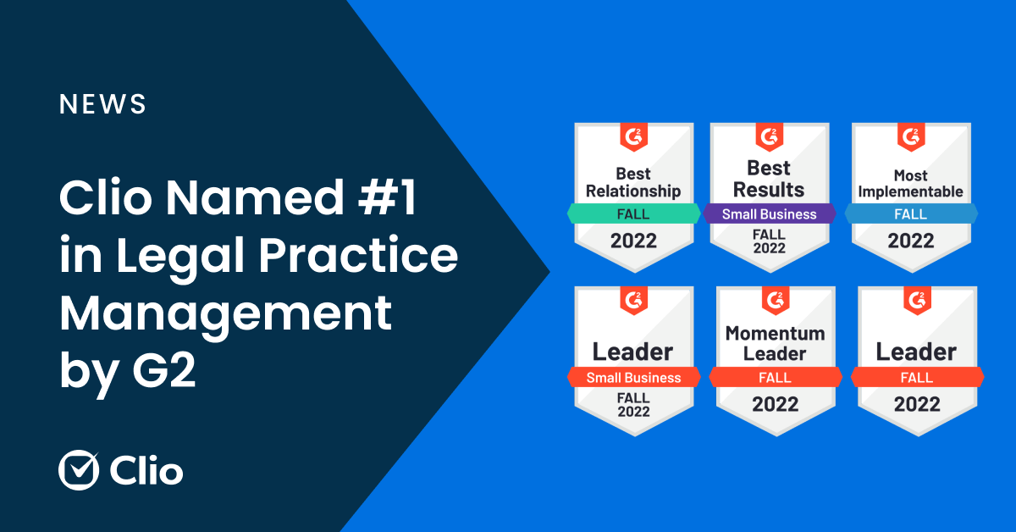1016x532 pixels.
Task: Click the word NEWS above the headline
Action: tap(102, 104)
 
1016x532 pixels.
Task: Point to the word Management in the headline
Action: tap(226, 314)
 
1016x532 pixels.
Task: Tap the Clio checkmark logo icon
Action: tap(79, 470)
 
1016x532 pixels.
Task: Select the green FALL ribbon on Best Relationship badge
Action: tap(633, 213)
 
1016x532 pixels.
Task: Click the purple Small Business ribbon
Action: tap(769, 213)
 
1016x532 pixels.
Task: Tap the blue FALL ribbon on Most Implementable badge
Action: tap(910, 213)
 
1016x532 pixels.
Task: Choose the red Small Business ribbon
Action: tap(633, 378)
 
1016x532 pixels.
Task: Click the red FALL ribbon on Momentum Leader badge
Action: tap(775, 378)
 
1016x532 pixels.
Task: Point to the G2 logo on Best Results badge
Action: tap(770, 136)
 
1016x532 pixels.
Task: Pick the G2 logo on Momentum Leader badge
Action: tap(776, 299)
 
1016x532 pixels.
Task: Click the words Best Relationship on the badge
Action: tap(633, 182)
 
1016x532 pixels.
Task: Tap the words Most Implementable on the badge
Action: tap(910, 184)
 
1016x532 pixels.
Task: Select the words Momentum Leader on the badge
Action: tap(775, 343)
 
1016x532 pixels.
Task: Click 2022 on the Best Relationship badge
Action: tap(633, 241)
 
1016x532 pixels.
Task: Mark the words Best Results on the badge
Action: tap(769, 179)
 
